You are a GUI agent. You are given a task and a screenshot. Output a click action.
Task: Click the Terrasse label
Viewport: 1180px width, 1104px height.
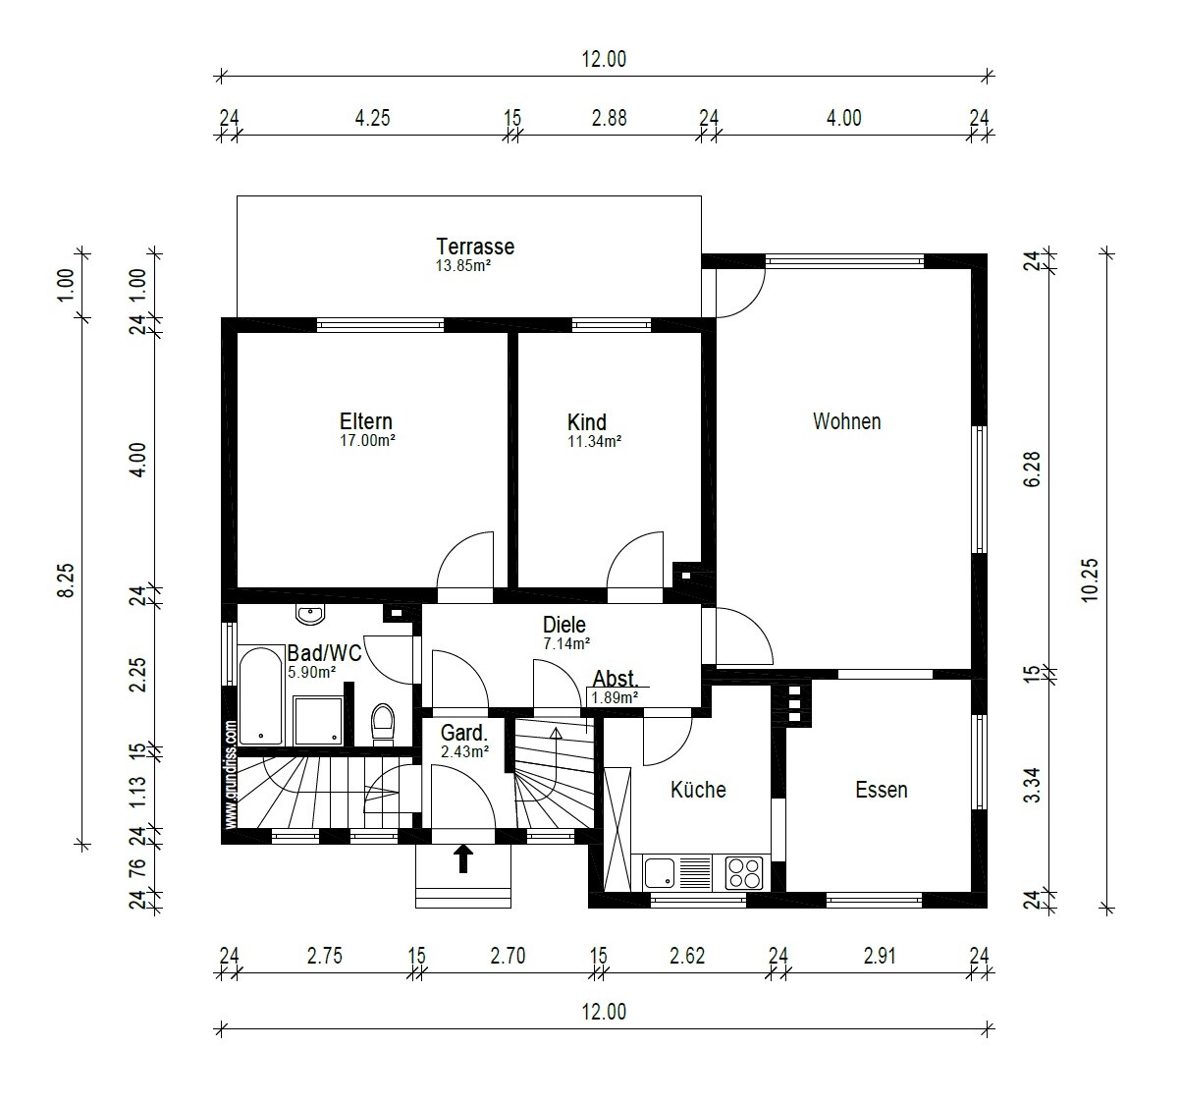(475, 247)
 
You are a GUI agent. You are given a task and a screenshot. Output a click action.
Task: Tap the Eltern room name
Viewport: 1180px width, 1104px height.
(366, 421)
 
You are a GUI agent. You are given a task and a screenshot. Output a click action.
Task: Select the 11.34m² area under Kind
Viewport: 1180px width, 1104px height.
(595, 441)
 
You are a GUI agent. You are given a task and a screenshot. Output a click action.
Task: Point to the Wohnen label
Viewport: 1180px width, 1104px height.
(846, 421)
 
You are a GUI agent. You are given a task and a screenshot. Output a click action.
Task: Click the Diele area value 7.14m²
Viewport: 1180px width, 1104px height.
(566, 643)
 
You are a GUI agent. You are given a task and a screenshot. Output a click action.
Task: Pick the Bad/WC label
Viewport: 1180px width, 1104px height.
(324, 653)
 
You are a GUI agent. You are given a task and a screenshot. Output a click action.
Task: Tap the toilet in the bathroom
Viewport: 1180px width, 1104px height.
(383, 724)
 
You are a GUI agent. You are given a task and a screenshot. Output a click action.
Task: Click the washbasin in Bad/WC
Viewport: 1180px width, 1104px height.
(310, 615)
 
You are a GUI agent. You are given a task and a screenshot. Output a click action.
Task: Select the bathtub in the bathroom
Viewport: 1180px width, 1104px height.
(260, 695)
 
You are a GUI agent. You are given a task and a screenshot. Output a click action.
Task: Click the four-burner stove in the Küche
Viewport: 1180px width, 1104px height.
(744, 873)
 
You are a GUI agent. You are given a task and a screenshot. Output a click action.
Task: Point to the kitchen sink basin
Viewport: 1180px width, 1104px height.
(659, 872)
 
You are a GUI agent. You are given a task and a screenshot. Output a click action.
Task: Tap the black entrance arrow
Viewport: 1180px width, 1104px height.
(463, 859)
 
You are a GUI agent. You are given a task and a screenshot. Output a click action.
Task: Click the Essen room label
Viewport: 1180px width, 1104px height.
(882, 790)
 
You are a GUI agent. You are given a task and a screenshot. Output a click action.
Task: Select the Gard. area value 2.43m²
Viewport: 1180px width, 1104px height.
(464, 751)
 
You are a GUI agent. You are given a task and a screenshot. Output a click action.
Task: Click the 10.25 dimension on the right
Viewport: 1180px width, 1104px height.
(1091, 580)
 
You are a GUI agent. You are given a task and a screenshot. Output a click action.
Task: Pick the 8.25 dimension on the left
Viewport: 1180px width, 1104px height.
(66, 580)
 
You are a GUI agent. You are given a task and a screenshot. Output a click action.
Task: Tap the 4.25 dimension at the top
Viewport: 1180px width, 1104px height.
(372, 118)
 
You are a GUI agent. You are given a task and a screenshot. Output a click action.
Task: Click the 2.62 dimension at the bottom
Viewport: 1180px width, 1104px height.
(687, 956)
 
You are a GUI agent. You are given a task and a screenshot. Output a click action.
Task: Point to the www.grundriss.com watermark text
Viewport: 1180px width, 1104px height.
(231, 774)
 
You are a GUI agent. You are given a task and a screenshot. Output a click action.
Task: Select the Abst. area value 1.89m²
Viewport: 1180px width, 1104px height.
(615, 697)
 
